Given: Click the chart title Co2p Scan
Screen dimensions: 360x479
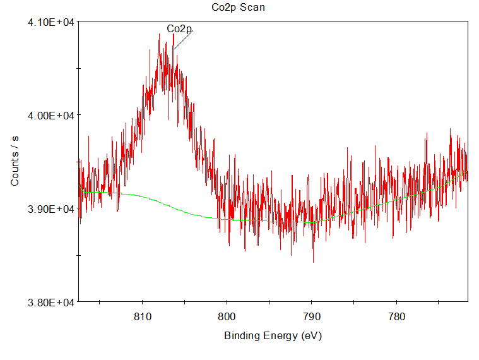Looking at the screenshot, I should (238, 8).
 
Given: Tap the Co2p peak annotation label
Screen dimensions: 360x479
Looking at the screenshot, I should (179, 29).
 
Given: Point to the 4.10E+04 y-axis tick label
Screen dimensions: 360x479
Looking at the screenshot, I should (51, 22).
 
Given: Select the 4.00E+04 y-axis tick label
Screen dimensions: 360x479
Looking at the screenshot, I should (51, 116).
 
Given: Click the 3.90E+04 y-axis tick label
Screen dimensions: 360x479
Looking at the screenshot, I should (51, 209).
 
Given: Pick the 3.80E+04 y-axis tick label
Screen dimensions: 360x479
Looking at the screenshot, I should (51, 303).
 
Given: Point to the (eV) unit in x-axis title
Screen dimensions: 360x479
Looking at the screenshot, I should (311, 336).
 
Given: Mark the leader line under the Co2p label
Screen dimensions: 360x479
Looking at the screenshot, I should (183, 39).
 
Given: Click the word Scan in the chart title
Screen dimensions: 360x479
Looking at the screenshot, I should (253, 8).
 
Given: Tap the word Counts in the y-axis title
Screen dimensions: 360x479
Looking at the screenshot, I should (15, 171).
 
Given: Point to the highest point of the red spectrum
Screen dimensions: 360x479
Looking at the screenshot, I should (174, 33).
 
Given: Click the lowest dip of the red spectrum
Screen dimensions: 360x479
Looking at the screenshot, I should (313, 262).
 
